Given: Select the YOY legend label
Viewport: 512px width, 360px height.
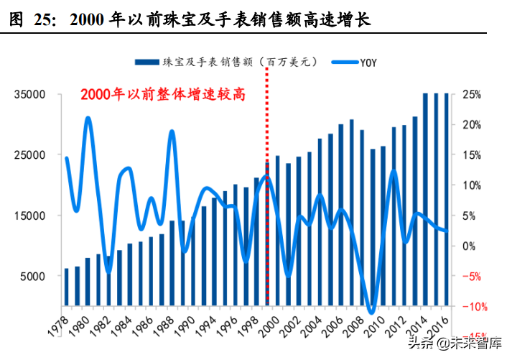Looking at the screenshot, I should tap(366, 63).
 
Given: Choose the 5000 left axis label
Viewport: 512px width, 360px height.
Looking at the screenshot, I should tap(33, 277).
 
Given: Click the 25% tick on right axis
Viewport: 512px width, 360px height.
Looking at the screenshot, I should tap(472, 95).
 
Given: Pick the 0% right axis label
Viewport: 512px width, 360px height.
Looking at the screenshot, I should tap(469, 246).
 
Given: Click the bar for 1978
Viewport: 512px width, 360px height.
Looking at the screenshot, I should tap(67, 287).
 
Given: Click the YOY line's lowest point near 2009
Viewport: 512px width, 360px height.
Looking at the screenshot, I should tap(371, 312).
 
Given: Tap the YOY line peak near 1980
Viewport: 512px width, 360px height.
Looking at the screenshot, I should tap(88, 118).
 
